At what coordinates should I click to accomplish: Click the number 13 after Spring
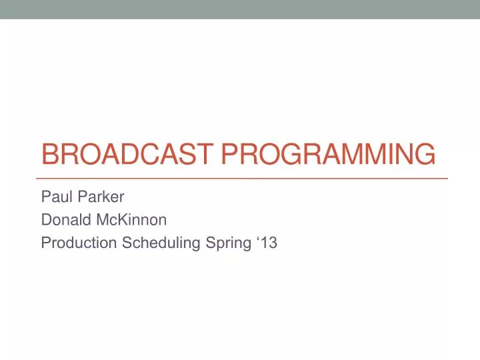pos(269,243)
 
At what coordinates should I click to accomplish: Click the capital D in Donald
pos(46,220)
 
